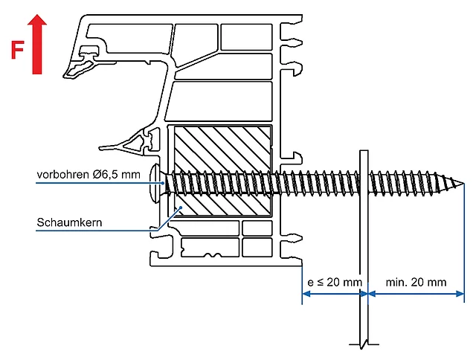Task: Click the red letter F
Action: (16, 50)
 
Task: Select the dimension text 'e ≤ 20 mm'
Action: (334, 282)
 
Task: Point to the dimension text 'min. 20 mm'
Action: (416, 282)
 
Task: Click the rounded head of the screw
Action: (155, 181)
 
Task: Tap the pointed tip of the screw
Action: (460, 182)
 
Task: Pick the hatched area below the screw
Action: (223, 204)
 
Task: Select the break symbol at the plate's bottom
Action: (363, 344)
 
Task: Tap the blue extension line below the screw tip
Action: (465, 245)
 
